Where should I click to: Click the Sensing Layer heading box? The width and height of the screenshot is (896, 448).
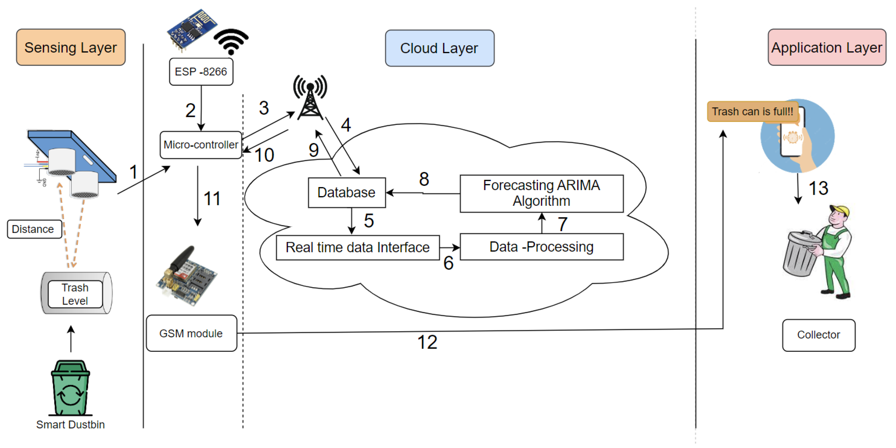71,47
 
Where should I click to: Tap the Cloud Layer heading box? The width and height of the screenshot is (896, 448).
439,48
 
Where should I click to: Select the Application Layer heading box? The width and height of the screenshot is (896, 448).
826,47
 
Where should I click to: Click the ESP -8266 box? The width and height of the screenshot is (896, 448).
201,72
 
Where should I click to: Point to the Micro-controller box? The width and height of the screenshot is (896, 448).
201,145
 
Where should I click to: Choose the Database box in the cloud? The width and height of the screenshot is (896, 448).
346,193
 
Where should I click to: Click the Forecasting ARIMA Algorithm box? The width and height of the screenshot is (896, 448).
541,193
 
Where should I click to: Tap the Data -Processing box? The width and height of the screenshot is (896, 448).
541,247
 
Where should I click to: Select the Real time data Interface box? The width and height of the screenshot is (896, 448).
358,247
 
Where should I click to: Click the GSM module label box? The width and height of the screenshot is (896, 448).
191,333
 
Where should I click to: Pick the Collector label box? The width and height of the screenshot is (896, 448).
819,335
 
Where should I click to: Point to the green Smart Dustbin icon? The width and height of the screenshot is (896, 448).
71,388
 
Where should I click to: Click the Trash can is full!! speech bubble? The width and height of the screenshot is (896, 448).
752,112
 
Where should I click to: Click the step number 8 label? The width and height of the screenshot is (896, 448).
424,179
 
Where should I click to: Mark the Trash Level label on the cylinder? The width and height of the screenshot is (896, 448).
75,294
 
